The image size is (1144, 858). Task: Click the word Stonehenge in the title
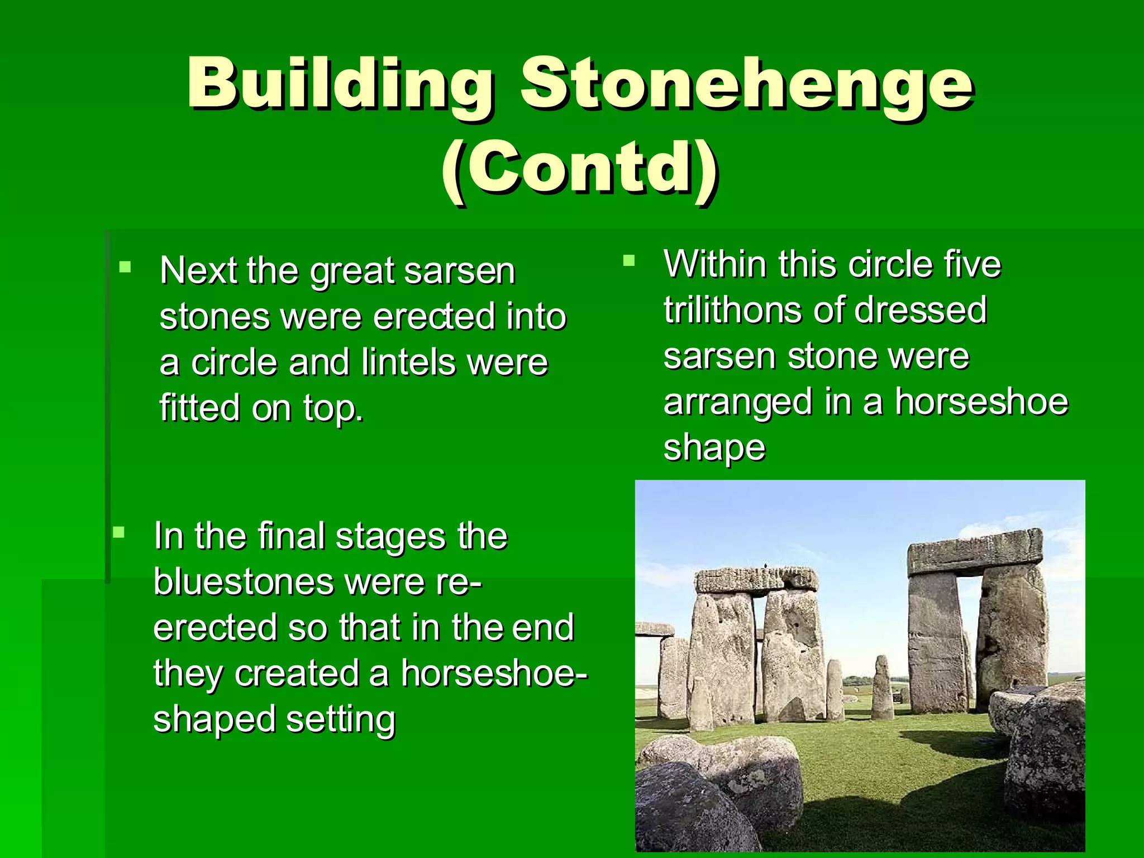[747, 84]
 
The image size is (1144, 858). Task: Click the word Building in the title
[340, 84]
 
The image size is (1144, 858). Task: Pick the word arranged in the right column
[738, 402]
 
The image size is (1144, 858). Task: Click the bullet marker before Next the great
[125, 267]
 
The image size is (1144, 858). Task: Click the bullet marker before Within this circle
[629, 260]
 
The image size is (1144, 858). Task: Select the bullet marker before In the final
[119, 532]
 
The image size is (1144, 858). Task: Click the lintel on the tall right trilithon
[974, 553]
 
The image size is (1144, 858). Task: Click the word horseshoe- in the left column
[494, 673]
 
